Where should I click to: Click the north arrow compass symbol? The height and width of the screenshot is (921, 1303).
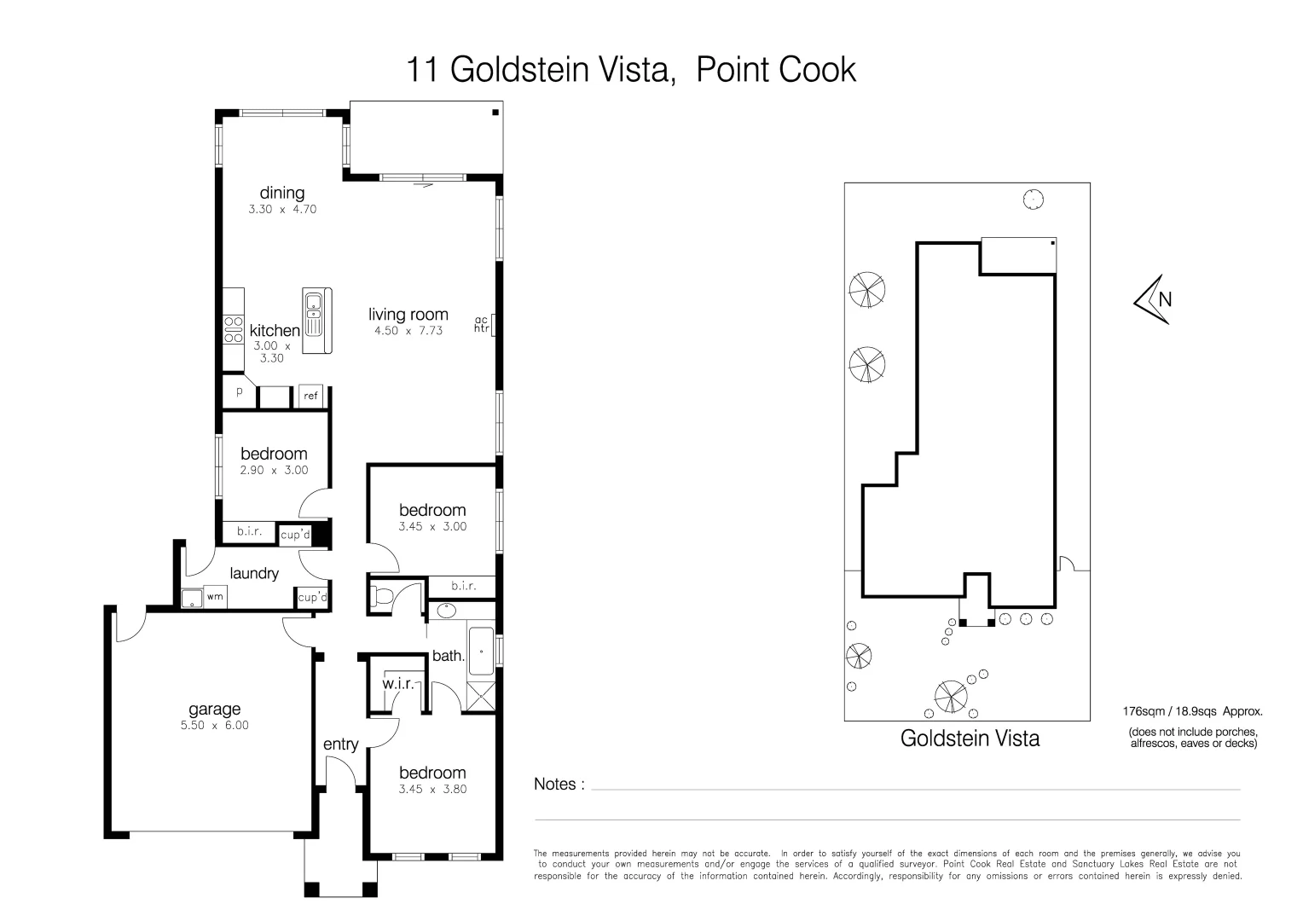(x=1153, y=299)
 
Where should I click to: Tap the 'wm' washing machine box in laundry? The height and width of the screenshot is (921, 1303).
(x=215, y=597)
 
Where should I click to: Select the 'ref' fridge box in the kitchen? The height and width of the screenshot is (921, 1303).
(x=310, y=396)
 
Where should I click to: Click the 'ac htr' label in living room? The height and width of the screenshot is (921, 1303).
(x=482, y=324)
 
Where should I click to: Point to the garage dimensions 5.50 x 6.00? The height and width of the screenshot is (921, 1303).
(x=214, y=726)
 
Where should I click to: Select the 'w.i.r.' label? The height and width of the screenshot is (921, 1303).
(x=397, y=684)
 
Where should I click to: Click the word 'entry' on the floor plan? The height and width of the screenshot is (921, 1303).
(x=340, y=744)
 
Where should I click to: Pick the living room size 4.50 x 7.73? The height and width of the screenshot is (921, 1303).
(x=408, y=331)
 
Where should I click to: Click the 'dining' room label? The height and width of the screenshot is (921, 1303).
(x=281, y=193)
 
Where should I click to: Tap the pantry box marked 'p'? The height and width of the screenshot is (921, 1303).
(x=240, y=392)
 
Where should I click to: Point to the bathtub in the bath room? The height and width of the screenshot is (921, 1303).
(x=481, y=651)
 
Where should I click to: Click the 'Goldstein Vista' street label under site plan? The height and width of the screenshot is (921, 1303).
(x=970, y=739)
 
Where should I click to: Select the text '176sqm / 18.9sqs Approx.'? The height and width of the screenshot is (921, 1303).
(x=1192, y=710)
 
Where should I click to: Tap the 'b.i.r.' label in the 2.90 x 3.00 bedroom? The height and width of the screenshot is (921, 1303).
(x=249, y=531)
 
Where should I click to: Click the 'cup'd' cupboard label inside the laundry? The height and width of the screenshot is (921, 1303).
(x=312, y=598)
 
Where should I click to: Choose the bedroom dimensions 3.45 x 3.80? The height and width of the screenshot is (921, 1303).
(x=432, y=790)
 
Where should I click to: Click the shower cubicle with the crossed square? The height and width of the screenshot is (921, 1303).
(x=481, y=697)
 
